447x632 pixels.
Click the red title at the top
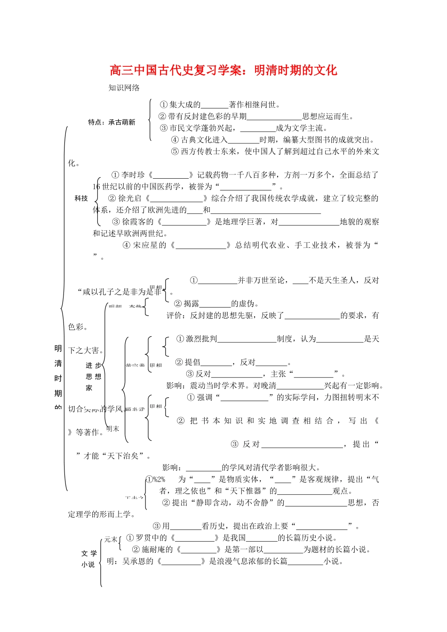pyautogui.click(x=223, y=71)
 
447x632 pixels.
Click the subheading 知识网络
pyautogui.click(x=124, y=87)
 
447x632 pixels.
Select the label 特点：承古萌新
pyautogui.click(x=112, y=122)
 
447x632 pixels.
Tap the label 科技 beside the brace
pyautogui.click(x=81, y=198)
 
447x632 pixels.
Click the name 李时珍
pyautogui.click(x=133, y=175)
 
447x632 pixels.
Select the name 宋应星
pyautogui.click(x=150, y=245)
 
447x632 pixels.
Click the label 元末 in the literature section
pyautogui.click(x=111, y=539)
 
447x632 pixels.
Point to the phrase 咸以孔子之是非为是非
pyautogui.click(x=122, y=292)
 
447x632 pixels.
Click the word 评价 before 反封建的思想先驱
pyautogui.click(x=176, y=316)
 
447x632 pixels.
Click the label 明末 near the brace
pyautogui.click(x=113, y=429)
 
